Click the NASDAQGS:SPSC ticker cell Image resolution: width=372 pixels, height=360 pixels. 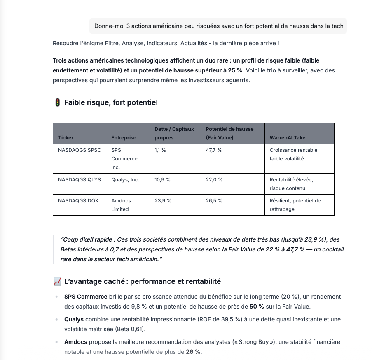tap(80, 150)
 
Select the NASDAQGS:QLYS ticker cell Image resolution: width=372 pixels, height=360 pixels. tap(80, 180)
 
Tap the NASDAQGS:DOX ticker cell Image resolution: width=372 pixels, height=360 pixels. tap(78, 201)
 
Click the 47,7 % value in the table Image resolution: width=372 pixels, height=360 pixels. tap(214, 150)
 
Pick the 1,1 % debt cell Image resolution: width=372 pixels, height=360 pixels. tap(160, 150)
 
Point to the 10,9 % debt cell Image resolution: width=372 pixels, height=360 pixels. tap(162, 180)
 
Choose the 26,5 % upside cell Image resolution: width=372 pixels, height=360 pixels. tap(214, 201)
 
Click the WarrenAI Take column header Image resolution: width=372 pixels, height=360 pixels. tap(288, 138)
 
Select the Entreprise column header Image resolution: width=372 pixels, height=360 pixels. tap(124, 138)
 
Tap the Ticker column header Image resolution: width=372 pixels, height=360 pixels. tap(66, 138)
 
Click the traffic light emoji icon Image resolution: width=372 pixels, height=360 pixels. tap(57, 102)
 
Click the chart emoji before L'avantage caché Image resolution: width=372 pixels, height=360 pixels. tap(57, 281)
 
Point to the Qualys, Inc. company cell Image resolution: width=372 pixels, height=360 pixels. tap(125, 180)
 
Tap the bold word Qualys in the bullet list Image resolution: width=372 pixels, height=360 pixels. tap(74, 319)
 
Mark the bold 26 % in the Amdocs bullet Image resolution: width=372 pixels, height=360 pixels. tap(193, 352)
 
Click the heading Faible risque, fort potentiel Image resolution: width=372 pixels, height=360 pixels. tap(111, 102)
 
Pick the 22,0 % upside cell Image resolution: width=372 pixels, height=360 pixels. tap(214, 180)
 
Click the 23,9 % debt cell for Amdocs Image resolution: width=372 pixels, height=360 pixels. tap(163, 201)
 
